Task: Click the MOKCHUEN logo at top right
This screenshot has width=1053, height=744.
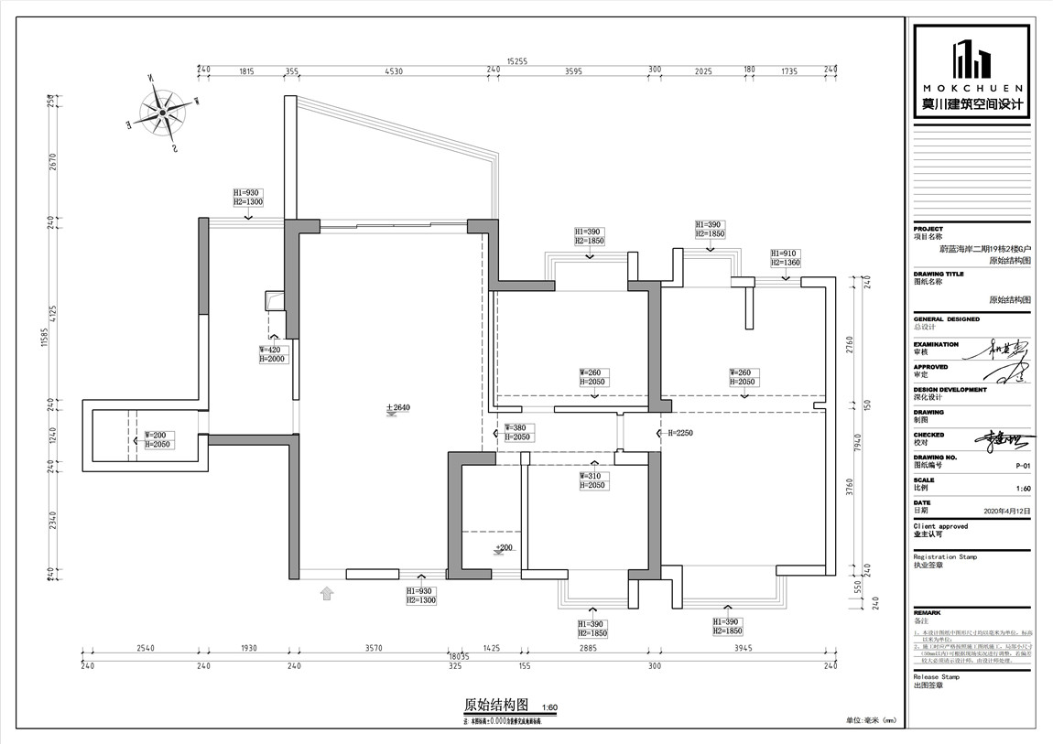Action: point(972,71)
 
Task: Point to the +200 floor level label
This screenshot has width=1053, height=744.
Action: point(504,547)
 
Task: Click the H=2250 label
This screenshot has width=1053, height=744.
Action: point(680,433)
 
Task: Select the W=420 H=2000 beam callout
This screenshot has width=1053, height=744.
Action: point(274,354)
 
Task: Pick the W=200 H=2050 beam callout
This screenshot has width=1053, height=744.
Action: point(157,439)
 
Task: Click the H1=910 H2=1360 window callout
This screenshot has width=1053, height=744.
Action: point(785,257)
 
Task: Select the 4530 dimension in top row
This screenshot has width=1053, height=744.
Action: point(394,70)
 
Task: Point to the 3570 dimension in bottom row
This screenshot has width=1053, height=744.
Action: point(374,648)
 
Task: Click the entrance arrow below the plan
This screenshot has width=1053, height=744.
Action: point(327,595)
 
